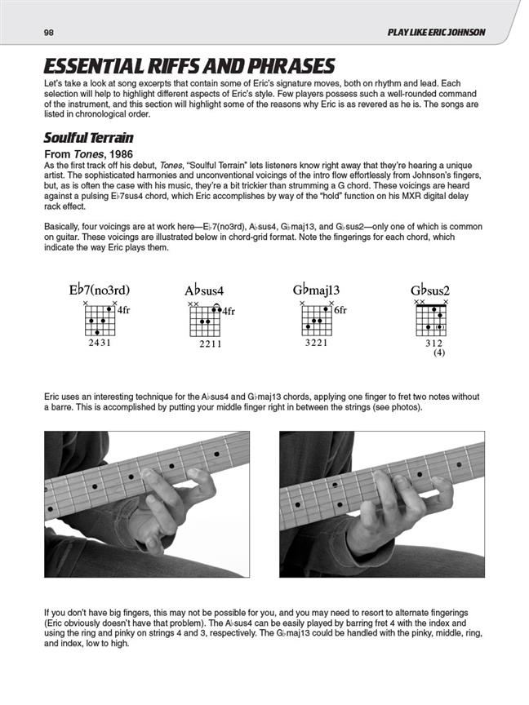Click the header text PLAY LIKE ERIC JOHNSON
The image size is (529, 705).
437,32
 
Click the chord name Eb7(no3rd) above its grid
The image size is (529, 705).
100,290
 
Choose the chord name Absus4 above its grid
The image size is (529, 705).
204,290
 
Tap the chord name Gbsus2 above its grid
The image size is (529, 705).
430,290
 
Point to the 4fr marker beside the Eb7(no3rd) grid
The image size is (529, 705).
124,310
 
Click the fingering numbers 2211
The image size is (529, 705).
210,345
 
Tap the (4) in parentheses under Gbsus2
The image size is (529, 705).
439,354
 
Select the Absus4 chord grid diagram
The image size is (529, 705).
207,320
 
